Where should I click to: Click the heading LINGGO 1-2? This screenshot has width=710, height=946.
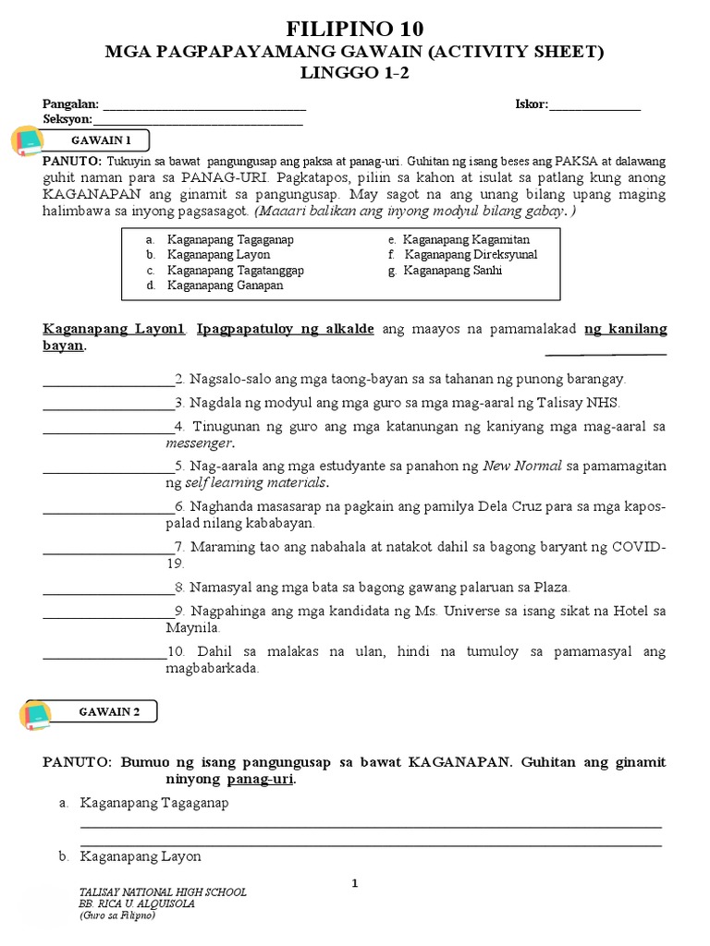tap(354, 73)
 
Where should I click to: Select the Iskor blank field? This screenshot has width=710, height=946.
tap(594, 106)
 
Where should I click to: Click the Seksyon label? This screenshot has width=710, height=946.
tap(67, 119)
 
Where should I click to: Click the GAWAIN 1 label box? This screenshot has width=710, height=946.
tap(102, 139)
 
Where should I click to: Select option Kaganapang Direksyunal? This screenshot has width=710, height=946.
tap(471, 255)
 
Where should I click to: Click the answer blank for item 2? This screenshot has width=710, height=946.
tap(106, 380)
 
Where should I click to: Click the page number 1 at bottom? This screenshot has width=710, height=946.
tap(354, 884)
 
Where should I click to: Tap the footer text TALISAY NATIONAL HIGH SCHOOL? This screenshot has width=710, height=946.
tap(164, 892)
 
